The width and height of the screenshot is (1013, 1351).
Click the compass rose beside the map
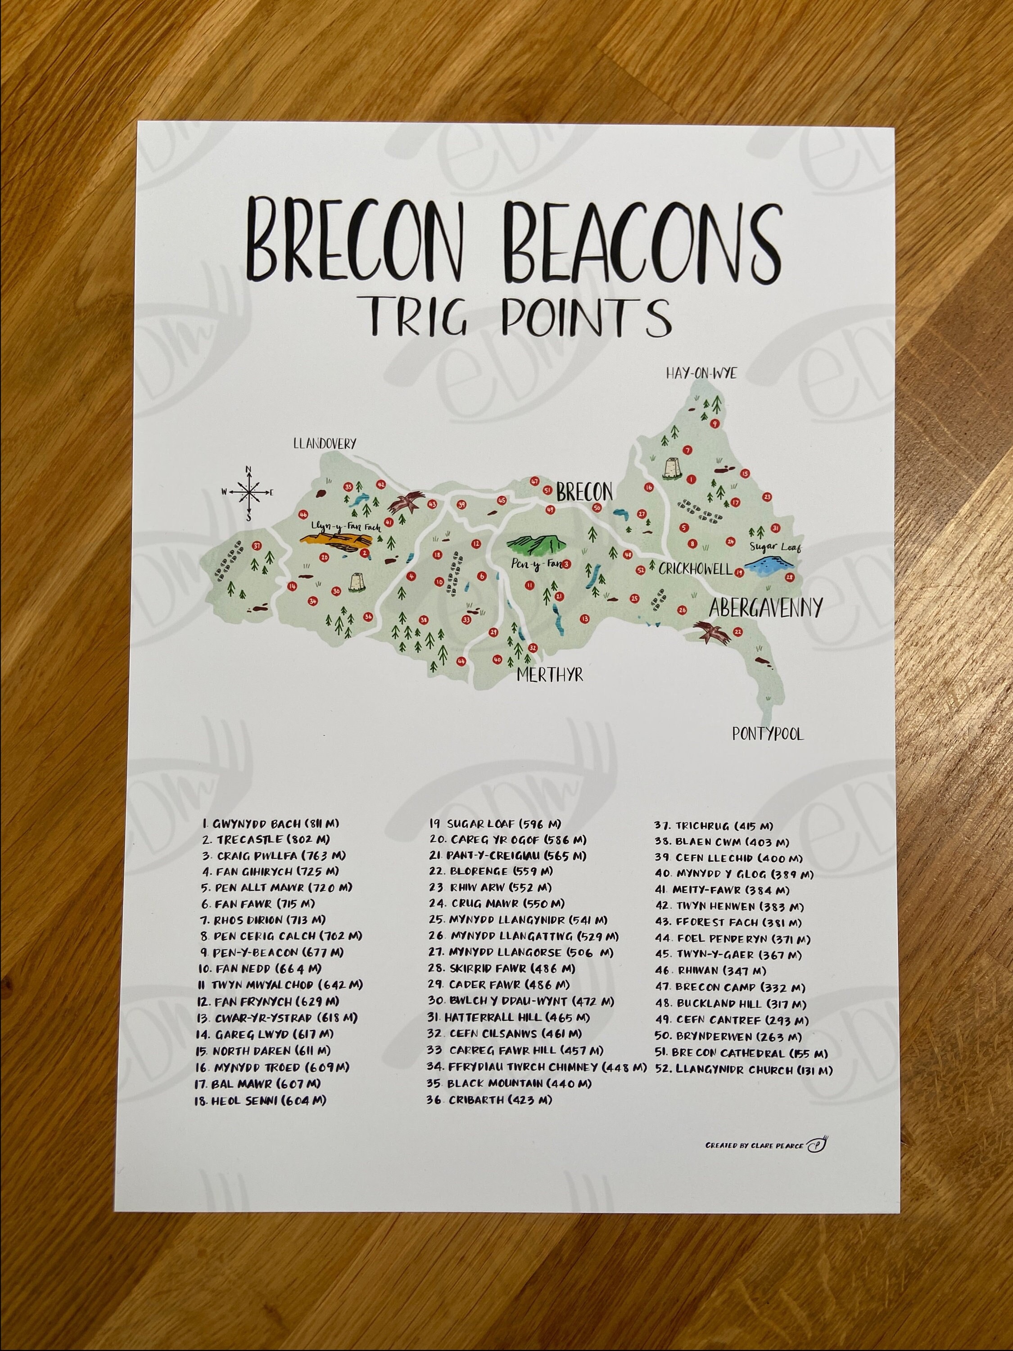pyautogui.click(x=248, y=492)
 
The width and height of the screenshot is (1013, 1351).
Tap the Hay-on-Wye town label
pyautogui.click(x=701, y=373)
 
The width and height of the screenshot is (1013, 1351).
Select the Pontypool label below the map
pyautogui.click(x=768, y=734)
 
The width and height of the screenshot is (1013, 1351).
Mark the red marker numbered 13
pyautogui.click(x=585, y=619)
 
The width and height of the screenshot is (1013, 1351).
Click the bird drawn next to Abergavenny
pyautogui.click(x=712, y=633)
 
